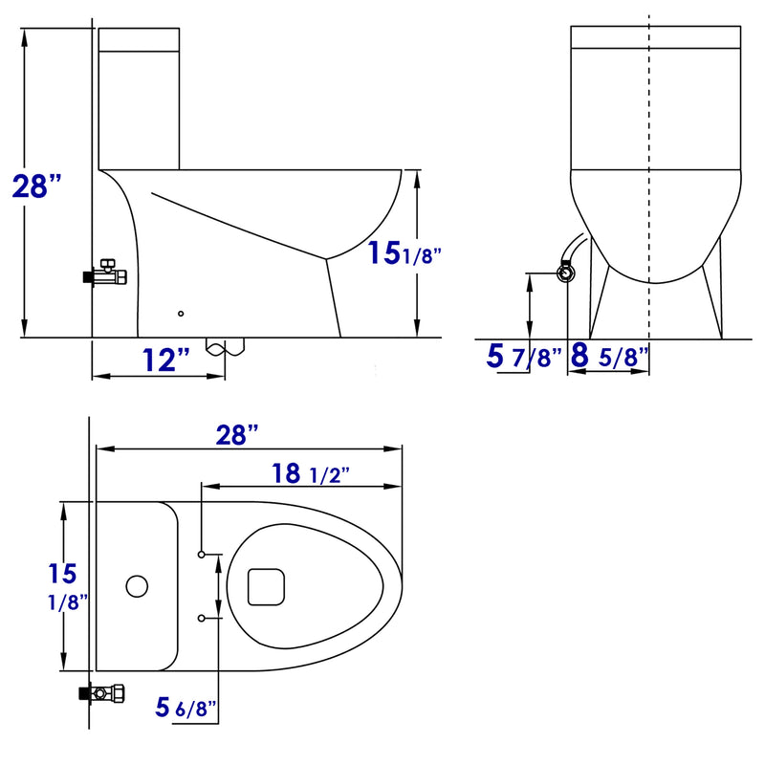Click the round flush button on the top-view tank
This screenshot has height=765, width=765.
point(138,585)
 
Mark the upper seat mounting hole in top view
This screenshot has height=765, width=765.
point(202,555)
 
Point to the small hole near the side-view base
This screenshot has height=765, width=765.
point(181,313)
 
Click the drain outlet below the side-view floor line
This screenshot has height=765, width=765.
point(226,347)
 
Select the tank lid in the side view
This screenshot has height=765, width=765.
point(140,39)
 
